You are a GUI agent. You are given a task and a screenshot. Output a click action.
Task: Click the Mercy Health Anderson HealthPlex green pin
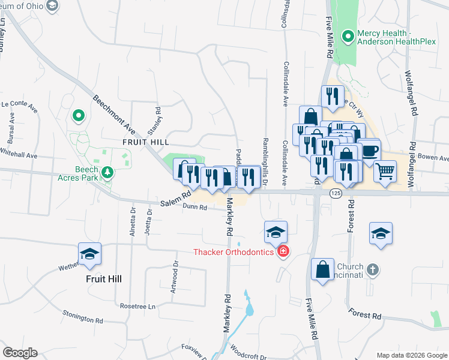(347, 37)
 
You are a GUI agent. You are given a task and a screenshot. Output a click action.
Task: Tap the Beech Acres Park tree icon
(107, 173)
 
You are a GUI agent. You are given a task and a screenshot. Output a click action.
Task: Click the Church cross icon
(372, 270)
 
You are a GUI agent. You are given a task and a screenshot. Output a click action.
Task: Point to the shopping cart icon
(385, 171)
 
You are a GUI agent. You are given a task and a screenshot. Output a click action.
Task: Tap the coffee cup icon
(369, 149)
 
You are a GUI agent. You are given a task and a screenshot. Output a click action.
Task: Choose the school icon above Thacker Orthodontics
(276, 232)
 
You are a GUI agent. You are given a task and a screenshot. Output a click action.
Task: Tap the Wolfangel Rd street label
(412, 102)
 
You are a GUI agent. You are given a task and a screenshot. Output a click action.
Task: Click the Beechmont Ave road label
(113, 116)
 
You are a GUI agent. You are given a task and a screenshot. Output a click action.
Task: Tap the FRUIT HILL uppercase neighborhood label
(145, 142)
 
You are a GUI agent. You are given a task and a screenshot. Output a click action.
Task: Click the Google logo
(20, 353)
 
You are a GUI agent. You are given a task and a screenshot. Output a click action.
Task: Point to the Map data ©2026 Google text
(411, 355)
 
